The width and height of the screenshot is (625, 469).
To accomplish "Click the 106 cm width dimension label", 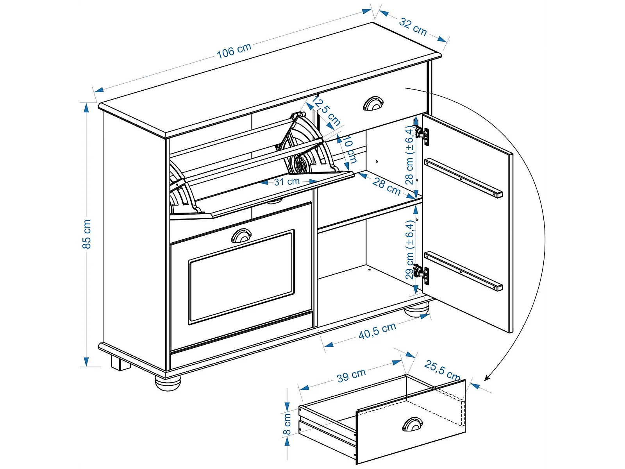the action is coord(234,51).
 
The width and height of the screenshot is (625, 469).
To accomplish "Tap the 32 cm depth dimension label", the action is coord(412,27).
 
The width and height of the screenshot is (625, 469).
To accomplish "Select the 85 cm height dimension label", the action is coord(87,234).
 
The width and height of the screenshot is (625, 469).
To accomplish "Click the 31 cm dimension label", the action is coord(287,182).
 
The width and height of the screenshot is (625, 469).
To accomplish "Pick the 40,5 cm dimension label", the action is coord(377,331).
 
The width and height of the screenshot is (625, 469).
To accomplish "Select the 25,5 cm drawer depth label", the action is coord(442,370).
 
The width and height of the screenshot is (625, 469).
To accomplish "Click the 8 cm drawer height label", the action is coord(287,424).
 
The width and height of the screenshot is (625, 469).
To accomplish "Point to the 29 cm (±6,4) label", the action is coord(409,249).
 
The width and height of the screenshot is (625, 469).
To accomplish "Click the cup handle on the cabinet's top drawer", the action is coord(373,103).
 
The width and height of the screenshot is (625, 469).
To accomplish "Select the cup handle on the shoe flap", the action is coord(241,236).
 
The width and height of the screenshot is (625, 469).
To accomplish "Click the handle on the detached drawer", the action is coord(412,424).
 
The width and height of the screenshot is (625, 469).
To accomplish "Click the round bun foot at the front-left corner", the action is coord(168,383).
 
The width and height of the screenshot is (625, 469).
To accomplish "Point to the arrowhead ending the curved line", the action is coord(487,378).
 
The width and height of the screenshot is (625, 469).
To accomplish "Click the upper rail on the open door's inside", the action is coord(463,178).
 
